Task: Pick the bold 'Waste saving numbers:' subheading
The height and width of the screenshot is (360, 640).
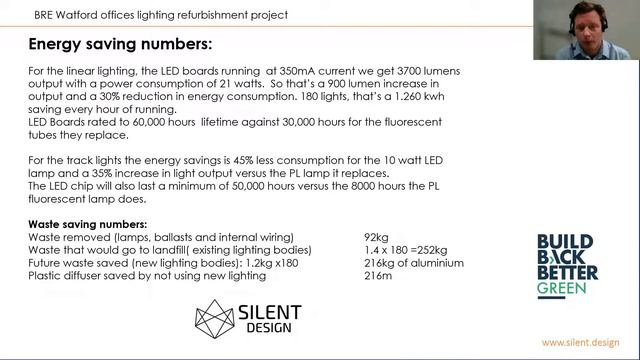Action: [x=88, y=225]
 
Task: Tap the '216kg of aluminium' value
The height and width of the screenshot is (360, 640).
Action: [x=413, y=263]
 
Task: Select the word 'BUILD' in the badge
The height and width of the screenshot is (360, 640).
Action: [x=565, y=242]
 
